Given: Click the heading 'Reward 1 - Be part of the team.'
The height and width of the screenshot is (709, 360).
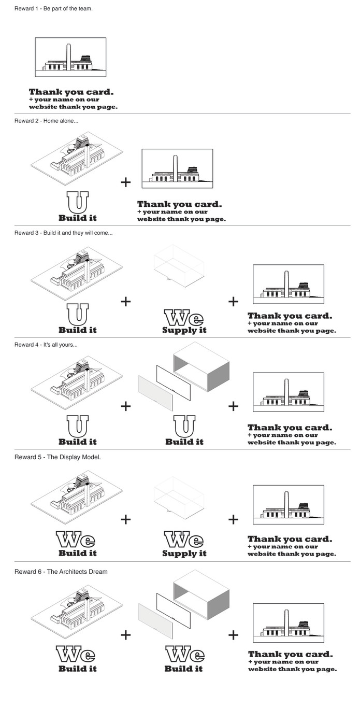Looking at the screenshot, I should click(x=53, y=9).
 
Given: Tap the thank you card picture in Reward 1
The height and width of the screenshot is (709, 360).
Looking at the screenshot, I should click(x=70, y=57).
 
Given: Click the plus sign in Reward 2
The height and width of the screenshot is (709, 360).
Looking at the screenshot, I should click(x=125, y=182).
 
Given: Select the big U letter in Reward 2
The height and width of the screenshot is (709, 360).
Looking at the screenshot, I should click(x=77, y=202).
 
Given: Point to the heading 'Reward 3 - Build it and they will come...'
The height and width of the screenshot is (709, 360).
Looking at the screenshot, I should click(x=63, y=233).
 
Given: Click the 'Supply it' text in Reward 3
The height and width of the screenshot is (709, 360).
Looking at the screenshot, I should click(x=184, y=330).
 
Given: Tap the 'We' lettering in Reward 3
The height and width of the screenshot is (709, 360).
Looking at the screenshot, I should click(x=184, y=317).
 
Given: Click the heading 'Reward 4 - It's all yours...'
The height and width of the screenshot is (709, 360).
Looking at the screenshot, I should click(x=46, y=345).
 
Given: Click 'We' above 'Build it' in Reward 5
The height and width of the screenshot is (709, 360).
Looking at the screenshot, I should click(x=77, y=541).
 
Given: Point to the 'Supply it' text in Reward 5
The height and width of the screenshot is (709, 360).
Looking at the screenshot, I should click(x=184, y=554).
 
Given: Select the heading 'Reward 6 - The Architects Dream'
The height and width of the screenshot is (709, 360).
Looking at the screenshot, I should click(x=61, y=572).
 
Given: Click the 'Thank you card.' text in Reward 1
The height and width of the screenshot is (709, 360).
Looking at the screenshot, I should click(x=71, y=92).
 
